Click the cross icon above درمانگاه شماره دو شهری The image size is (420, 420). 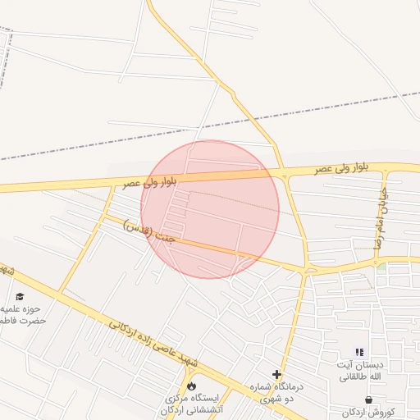click(x=277, y=374)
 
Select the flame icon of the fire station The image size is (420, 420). click(x=192, y=385)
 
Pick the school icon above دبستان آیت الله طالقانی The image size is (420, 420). click(x=359, y=352)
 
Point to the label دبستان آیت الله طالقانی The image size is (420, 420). click(x=358, y=370)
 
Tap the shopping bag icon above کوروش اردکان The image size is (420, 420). click(x=367, y=399)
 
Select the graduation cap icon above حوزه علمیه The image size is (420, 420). click(x=20, y=296)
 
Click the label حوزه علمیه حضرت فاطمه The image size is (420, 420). click(x=23, y=314)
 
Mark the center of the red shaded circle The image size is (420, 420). click(x=210, y=209)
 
